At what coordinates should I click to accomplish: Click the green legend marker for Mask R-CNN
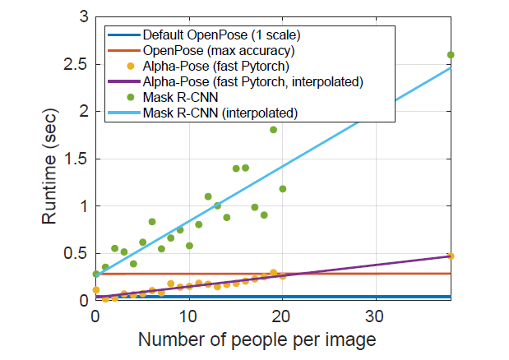tap(123, 96)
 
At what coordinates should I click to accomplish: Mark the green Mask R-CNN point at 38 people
tap(451, 55)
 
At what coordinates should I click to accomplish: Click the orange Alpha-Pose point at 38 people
tap(451, 256)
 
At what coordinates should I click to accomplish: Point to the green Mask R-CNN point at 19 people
tap(273, 129)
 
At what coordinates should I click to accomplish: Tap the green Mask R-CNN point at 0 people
tap(96, 274)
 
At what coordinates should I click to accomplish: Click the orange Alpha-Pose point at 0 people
tap(96, 289)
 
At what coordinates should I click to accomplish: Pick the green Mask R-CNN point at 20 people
tap(282, 188)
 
